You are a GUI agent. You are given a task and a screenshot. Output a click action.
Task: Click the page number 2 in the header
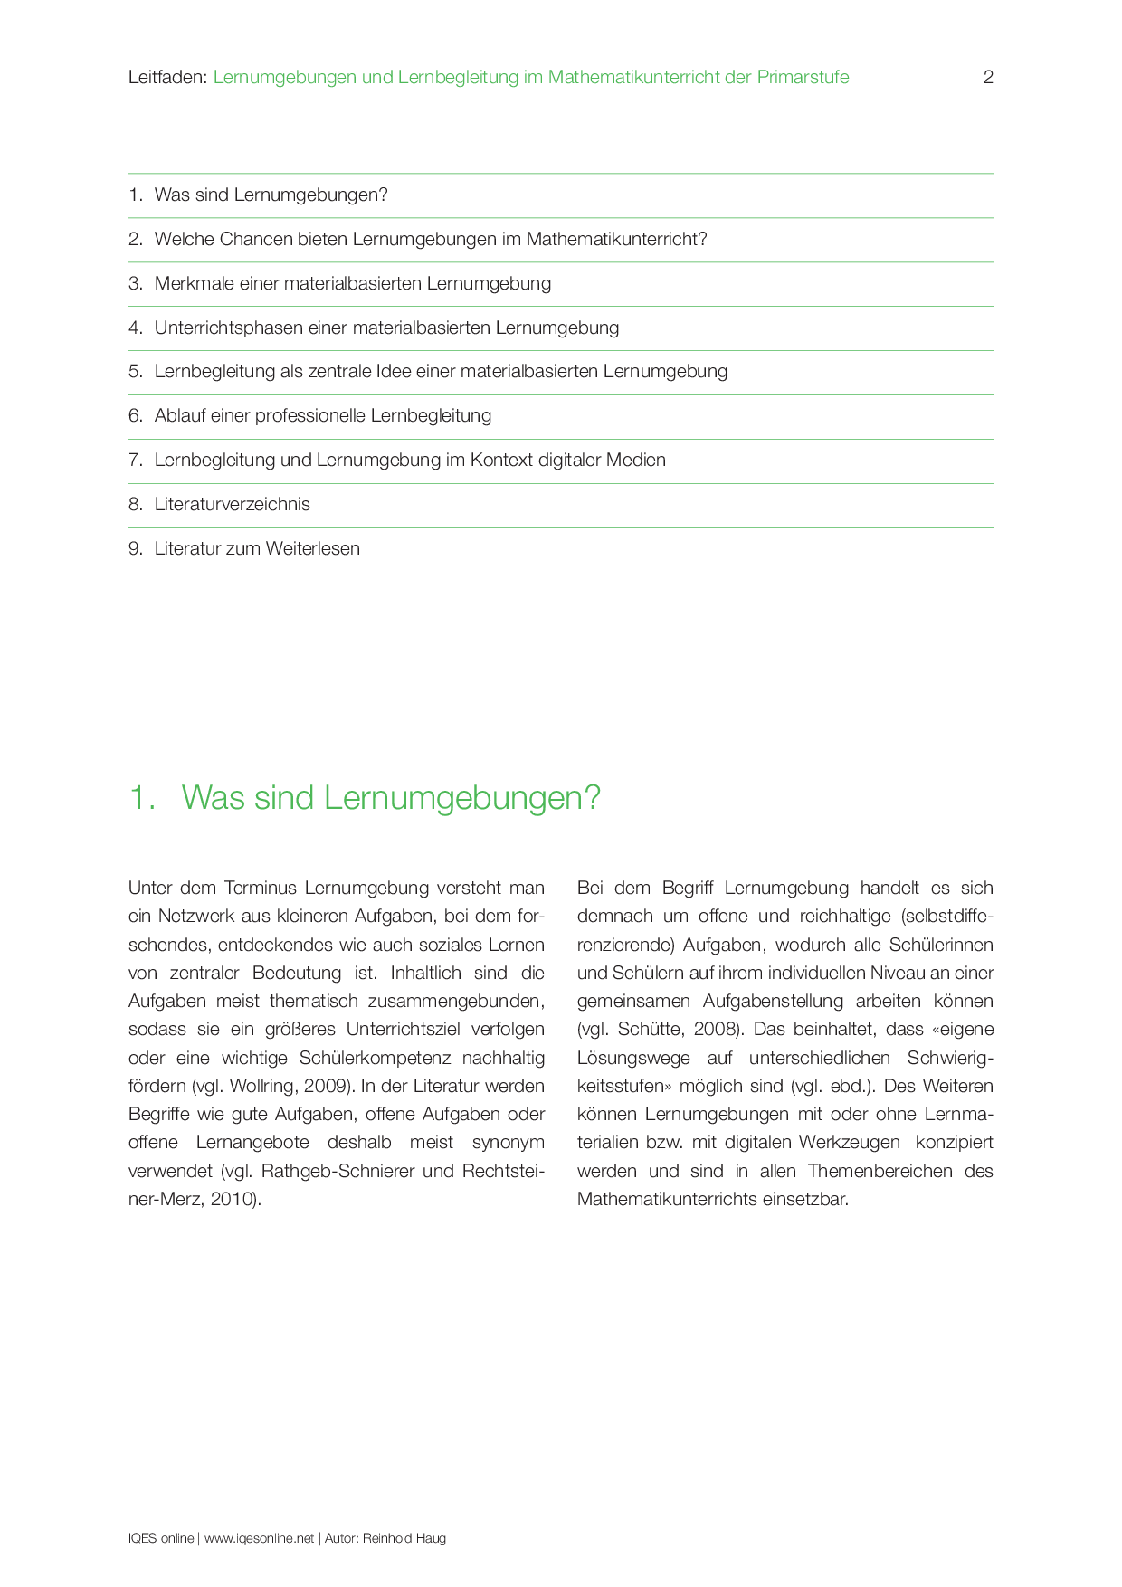(988, 78)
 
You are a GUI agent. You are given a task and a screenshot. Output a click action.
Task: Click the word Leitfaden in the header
(166, 78)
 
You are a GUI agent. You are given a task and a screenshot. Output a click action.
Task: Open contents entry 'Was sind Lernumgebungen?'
(271, 195)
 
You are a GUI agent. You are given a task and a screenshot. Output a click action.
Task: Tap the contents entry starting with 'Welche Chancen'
(430, 240)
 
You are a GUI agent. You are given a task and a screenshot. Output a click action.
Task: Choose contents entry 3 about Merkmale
(352, 284)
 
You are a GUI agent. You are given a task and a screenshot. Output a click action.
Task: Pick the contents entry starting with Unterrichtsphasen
(386, 328)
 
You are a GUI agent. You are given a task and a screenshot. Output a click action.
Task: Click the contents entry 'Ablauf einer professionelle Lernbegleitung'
(322, 416)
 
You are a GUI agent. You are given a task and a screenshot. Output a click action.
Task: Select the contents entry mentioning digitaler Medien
(410, 461)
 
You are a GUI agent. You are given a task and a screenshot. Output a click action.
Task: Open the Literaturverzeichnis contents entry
(232, 505)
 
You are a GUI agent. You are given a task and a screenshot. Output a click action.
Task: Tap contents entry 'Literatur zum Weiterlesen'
(257, 549)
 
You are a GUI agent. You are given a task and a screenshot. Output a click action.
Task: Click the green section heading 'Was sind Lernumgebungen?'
(390, 798)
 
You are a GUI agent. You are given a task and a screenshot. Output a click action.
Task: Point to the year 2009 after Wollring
(325, 1086)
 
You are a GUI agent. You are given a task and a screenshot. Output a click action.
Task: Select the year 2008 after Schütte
(718, 1030)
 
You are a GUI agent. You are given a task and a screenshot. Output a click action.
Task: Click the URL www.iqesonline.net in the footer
(259, 1538)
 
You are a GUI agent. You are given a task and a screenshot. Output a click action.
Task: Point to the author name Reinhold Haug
(404, 1538)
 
